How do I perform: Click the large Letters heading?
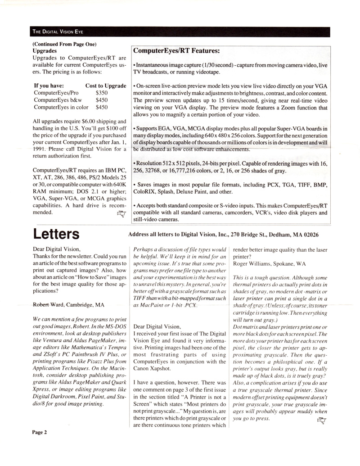(56, 235)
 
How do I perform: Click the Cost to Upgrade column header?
(106, 86)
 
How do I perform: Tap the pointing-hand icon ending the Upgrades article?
(121, 214)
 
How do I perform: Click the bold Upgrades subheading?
(45, 51)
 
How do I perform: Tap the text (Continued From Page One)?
(64, 44)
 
